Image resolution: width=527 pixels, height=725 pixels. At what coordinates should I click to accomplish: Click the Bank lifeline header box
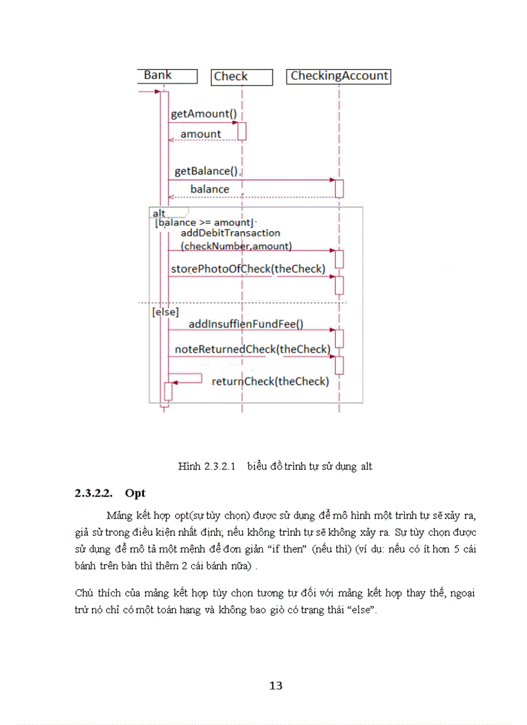(x=158, y=76)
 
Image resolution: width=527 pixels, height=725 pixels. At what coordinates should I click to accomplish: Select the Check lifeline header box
(x=231, y=76)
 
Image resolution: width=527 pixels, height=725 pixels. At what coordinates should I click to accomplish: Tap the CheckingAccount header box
(x=339, y=76)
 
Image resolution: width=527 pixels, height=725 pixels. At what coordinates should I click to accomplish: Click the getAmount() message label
(x=203, y=114)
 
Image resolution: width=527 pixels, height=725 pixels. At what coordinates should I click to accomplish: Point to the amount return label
(x=201, y=134)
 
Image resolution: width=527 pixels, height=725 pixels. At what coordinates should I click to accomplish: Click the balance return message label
(x=209, y=189)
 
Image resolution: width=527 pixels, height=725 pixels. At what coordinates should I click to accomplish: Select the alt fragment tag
(x=159, y=213)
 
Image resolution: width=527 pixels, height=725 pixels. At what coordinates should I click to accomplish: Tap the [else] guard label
(x=166, y=311)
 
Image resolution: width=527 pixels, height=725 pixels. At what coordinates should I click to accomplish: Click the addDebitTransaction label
(x=231, y=232)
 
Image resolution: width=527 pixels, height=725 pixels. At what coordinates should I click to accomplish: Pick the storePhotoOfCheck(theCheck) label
(x=247, y=269)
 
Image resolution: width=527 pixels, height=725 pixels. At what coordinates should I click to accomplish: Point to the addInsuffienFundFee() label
(x=245, y=323)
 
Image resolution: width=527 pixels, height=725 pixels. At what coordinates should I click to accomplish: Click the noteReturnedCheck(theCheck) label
(x=253, y=349)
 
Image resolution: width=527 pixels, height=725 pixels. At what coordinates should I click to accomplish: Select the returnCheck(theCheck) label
(x=270, y=381)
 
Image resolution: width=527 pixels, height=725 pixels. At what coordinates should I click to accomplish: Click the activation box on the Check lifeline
(x=242, y=131)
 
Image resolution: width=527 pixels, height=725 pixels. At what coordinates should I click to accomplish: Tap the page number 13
(x=276, y=686)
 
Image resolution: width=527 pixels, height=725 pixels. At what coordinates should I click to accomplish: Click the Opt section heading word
(x=135, y=493)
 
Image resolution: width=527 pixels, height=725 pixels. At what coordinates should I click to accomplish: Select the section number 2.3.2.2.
(x=94, y=493)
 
